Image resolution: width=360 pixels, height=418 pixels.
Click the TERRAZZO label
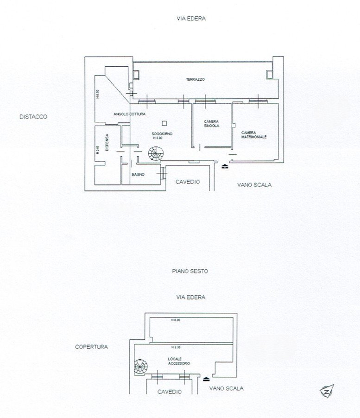[x=196, y=80]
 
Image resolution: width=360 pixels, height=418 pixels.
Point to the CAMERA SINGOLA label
[x=211, y=124]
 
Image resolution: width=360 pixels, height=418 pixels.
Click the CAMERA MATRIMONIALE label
[x=253, y=135]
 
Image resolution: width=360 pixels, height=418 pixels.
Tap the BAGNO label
[x=138, y=175]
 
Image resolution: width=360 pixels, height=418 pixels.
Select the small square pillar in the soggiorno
[x=164, y=123]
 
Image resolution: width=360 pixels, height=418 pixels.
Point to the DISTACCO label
[x=33, y=117]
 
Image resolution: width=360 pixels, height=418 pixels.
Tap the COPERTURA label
[x=91, y=346]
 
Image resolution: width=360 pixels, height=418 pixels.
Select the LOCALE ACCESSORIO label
[x=179, y=361]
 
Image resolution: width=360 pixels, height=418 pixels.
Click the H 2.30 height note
[x=176, y=347]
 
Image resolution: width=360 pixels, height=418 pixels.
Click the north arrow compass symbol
[x=327, y=391]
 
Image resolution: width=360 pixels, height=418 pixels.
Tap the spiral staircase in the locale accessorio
[x=140, y=367]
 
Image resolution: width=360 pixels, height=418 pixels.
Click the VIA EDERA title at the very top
[x=190, y=19]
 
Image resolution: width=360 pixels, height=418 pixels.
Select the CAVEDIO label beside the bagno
[x=187, y=182]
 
